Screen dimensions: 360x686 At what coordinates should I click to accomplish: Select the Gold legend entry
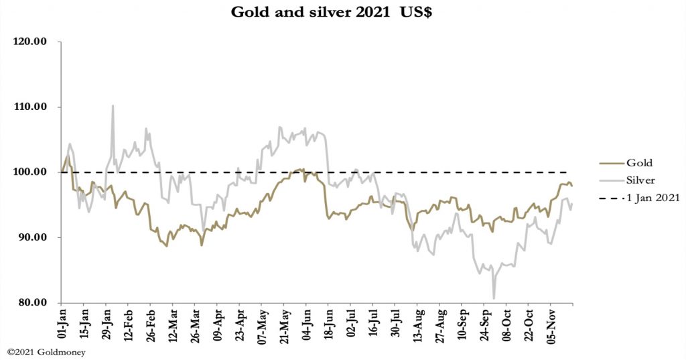[640, 163]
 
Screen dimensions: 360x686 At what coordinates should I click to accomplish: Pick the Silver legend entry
[642, 180]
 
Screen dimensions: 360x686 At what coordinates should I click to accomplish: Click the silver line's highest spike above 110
[113, 106]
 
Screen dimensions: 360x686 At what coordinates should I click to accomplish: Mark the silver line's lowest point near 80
[494, 298]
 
